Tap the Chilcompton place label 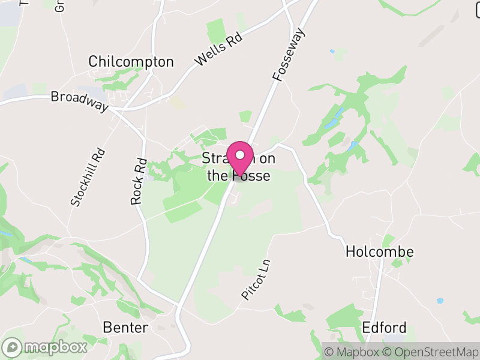(131, 62)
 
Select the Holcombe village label (379, 252)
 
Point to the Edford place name (384, 328)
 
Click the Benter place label (125, 328)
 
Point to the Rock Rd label (139, 181)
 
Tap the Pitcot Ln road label (256, 280)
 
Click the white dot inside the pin (240, 155)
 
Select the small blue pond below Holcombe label (440, 301)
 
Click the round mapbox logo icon (12, 347)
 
